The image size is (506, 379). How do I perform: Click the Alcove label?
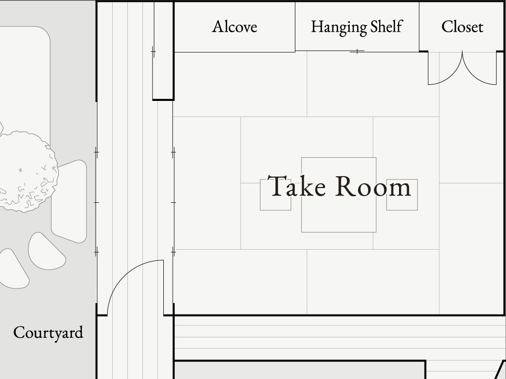point(235,27)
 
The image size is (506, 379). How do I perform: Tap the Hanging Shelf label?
point(357,27)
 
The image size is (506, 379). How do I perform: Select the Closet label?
point(462,27)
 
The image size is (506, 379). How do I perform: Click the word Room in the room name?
point(373,187)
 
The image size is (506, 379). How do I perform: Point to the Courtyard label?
point(48,333)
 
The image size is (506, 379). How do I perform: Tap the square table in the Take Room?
point(339,195)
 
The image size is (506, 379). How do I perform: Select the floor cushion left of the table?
point(275,195)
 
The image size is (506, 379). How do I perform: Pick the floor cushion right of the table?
point(402,195)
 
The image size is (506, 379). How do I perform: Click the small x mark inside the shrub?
point(21,170)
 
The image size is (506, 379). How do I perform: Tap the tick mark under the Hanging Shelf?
point(357,51)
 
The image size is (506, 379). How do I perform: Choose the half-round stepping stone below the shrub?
point(47,252)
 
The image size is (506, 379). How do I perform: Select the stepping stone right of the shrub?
point(69,201)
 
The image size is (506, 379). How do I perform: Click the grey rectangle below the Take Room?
point(300,370)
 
